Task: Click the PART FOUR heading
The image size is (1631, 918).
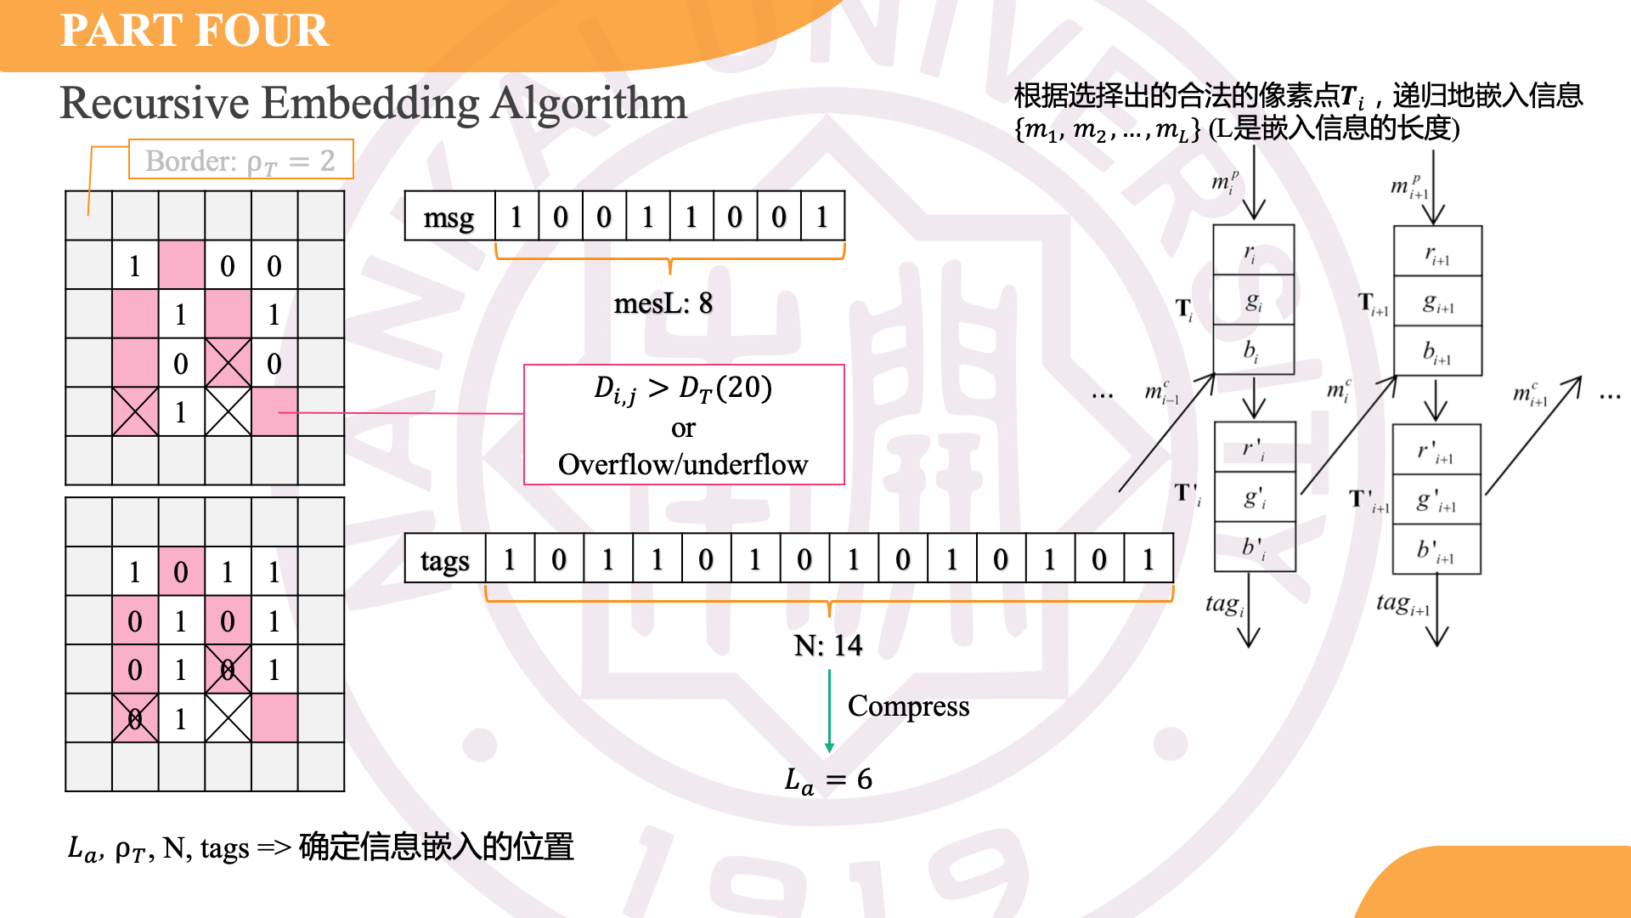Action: click(x=194, y=31)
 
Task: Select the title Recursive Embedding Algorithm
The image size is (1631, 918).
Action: click(x=373, y=104)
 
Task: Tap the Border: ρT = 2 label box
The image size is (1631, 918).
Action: click(x=240, y=160)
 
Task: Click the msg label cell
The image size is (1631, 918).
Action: click(x=449, y=217)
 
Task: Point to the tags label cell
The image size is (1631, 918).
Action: click(x=444, y=559)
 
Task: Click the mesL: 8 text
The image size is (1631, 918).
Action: click(x=663, y=303)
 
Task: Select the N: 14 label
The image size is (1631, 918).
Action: click(x=827, y=646)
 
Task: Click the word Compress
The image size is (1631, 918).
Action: click(x=908, y=705)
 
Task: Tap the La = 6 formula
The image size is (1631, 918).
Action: click(x=827, y=779)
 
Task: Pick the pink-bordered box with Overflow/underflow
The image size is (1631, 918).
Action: click(x=684, y=425)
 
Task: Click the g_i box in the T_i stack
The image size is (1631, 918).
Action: click(x=1253, y=301)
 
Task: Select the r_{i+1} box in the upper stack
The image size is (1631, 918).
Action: click(x=1437, y=252)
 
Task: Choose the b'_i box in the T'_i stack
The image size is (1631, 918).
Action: click(x=1255, y=547)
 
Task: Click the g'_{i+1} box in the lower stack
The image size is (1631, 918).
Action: click(x=1436, y=500)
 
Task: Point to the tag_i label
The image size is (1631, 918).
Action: click(x=1224, y=604)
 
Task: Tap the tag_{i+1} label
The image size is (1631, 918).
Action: click(x=1402, y=603)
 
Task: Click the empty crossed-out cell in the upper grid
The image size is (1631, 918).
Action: click(x=228, y=412)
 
